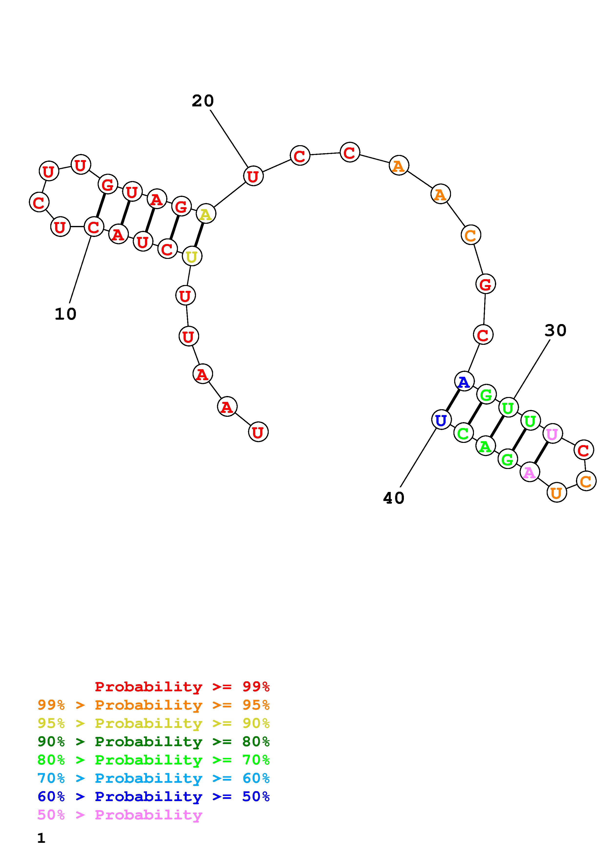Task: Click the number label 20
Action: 203,101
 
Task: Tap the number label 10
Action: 66,314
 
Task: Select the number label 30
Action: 555,330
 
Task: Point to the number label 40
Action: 394,498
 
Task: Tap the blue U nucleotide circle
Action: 441,420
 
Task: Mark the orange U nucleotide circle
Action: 556,493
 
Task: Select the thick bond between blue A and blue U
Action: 452,401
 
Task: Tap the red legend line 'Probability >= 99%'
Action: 182,687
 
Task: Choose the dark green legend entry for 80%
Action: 154,742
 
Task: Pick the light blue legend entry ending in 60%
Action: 154,778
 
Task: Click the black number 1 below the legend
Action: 41,838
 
